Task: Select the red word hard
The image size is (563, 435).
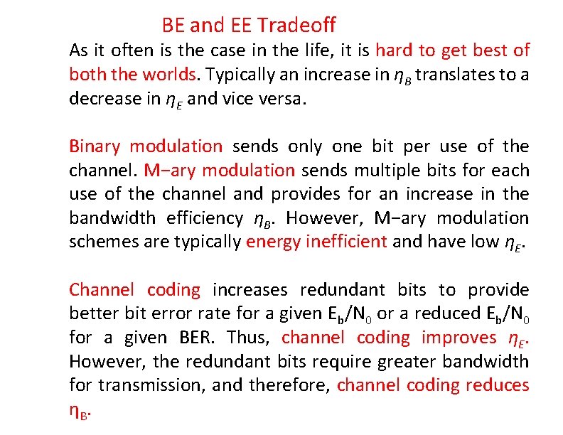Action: click(x=392, y=50)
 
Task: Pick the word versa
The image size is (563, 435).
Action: click(x=283, y=98)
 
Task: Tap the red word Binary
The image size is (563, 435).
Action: click(x=95, y=146)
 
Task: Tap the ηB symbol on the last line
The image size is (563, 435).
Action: click(x=80, y=411)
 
